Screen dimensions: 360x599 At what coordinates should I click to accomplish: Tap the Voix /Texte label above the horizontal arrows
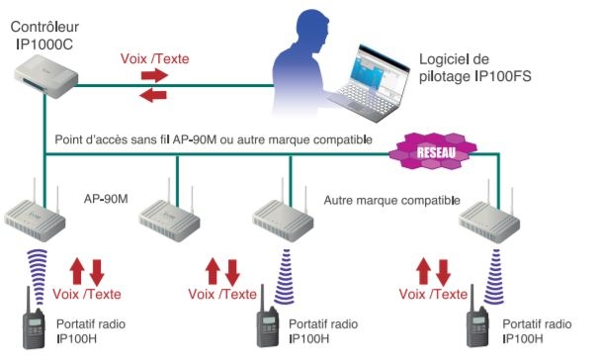tap(153, 58)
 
